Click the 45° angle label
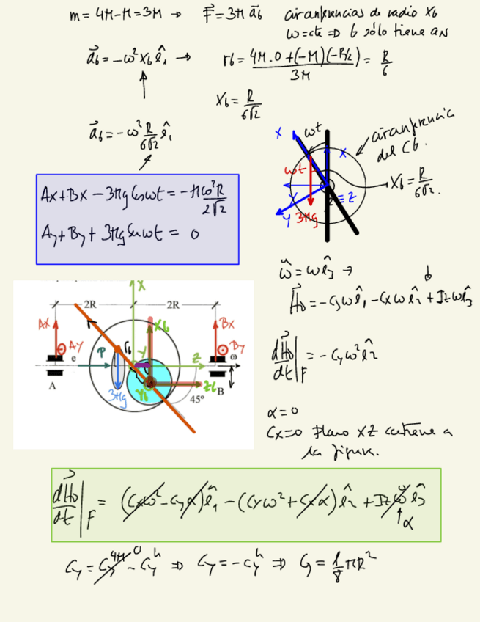(x=196, y=400)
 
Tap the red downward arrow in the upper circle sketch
(x=310, y=183)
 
